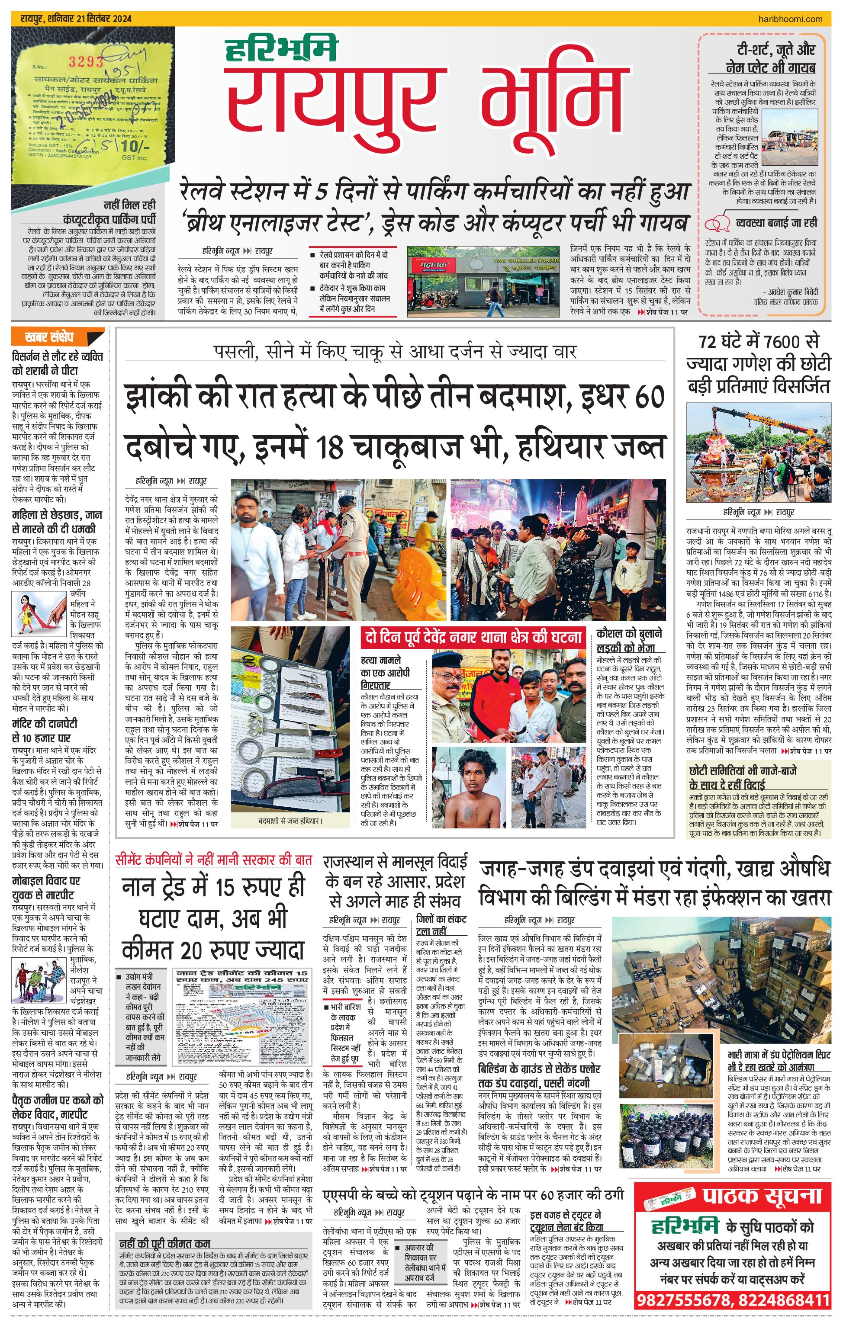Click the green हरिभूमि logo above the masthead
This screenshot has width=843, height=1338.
(x=281, y=49)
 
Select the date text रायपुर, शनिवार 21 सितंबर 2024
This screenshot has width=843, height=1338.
(x=76, y=19)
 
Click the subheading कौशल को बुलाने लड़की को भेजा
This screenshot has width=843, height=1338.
(x=629, y=641)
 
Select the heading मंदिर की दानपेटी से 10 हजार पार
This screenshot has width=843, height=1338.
(x=45, y=730)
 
